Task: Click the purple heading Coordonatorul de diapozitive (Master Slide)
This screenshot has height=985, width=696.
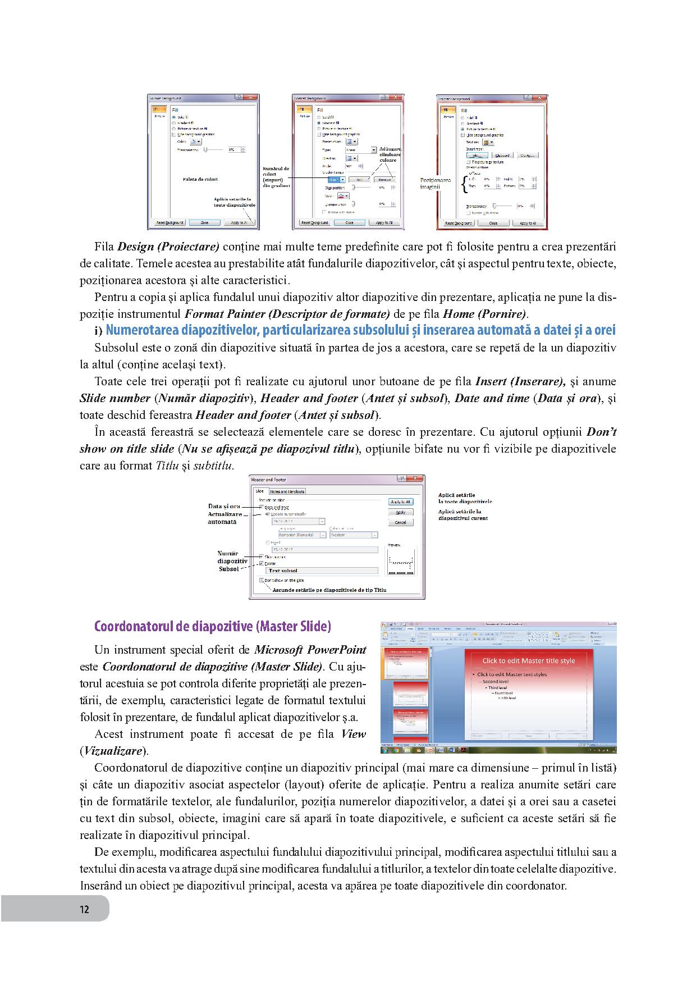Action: pyautogui.click(x=213, y=626)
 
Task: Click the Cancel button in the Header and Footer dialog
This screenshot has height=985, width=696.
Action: pyautogui.click(x=400, y=522)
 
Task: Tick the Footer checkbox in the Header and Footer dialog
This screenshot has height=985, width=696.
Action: pyautogui.click(x=262, y=563)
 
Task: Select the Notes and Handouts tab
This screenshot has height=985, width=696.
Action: pyautogui.click(x=287, y=491)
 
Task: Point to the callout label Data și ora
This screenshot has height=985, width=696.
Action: pyautogui.click(x=224, y=507)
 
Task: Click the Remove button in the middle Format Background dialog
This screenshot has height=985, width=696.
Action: pyautogui.click(x=384, y=180)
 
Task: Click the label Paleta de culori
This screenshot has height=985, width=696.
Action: pyautogui.click(x=200, y=179)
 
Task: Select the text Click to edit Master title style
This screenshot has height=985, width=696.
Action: pyautogui.click(x=528, y=661)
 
